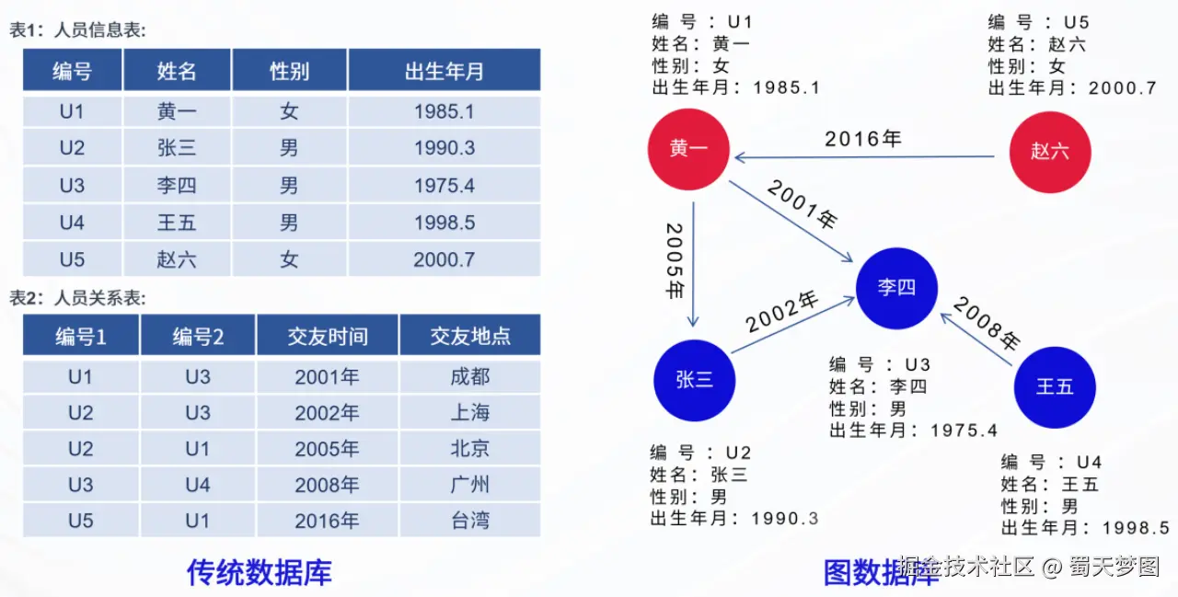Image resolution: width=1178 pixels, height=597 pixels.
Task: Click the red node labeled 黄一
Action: point(688,149)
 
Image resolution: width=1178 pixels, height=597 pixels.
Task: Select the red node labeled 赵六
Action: point(1050,152)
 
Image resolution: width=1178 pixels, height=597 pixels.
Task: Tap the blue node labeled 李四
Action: point(896,288)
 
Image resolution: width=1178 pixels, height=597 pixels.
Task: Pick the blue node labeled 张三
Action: point(694,380)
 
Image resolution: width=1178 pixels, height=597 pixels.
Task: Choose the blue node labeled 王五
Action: point(1055,387)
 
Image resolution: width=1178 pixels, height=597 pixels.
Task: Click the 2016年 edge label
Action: point(863,139)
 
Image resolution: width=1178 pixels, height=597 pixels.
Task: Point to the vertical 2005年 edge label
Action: point(675,261)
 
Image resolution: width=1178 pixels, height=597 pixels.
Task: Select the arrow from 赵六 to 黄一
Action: point(864,156)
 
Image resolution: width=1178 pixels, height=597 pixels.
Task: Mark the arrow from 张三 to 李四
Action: point(792,325)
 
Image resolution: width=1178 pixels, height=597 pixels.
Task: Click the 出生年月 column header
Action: point(445,70)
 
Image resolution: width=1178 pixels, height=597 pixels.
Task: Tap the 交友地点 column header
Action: point(470,335)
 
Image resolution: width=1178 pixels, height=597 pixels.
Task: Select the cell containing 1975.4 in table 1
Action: point(445,186)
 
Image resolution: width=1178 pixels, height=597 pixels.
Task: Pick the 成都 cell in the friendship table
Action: point(470,377)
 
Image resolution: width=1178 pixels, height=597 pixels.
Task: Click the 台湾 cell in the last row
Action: point(470,521)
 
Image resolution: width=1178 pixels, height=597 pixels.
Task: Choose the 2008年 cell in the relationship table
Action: point(327,485)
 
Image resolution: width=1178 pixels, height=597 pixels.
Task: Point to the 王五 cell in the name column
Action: point(177,223)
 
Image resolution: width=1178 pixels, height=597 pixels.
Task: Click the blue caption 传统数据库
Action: point(260,572)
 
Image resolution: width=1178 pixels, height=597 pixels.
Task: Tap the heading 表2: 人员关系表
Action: point(78,298)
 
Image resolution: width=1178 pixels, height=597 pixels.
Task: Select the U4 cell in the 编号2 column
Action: point(198,485)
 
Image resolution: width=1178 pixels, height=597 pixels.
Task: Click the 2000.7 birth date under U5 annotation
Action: point(1123,87)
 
